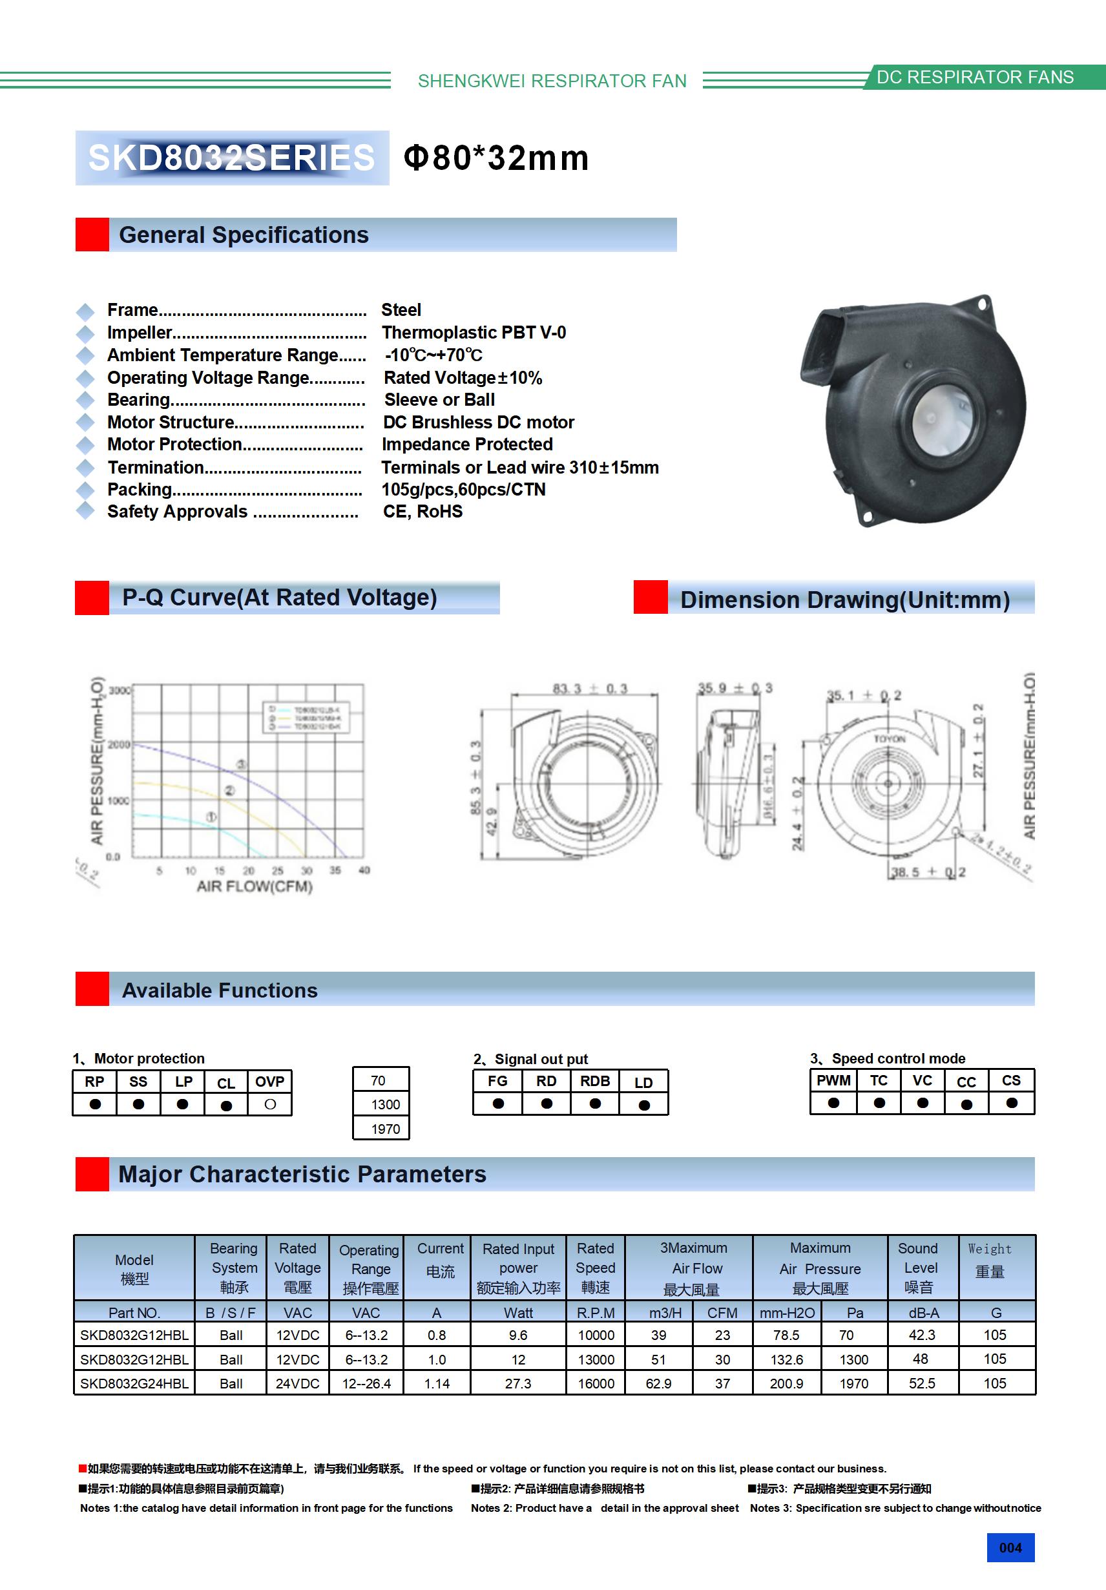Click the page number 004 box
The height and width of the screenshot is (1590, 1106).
tap(1010, 1547)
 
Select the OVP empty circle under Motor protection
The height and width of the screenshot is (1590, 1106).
tap(270, 1105)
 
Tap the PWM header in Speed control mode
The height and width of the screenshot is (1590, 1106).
tap(833, 1080)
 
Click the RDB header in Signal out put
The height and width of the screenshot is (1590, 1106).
tap(595, 1081)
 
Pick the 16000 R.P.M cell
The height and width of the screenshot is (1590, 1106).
tap(596, 1383)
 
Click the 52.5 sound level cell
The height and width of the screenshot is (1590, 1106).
tap(922, 1383)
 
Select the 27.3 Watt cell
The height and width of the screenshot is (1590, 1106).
tap(518, 1383)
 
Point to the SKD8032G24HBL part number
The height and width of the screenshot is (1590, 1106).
tap(134, 1383)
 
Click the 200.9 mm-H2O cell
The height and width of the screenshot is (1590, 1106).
tap(786, 1383)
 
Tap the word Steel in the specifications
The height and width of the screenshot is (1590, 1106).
tap(401, 309)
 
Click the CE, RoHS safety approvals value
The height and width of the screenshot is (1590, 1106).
tap(423, 511)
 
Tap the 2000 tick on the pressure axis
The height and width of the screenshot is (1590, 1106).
tap(119, 744)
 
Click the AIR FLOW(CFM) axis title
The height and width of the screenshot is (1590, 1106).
tap(254, 886)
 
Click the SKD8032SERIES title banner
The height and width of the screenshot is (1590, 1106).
tap(232, 158)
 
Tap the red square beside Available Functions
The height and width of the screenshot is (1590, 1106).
tap(92, 989)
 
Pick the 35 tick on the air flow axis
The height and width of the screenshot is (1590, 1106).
tap(335, 870)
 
